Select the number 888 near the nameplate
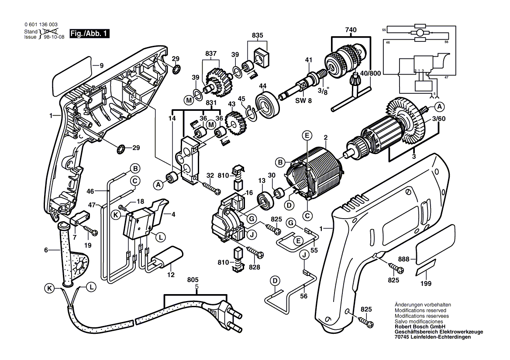click(403, 259)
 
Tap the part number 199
click(426, 284)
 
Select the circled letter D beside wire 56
click(275, 280)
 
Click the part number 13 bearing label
click(262, 181)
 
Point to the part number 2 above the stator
click(325, 138)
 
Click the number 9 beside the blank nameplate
click(101, 66)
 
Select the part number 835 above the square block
click(258, 35)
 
